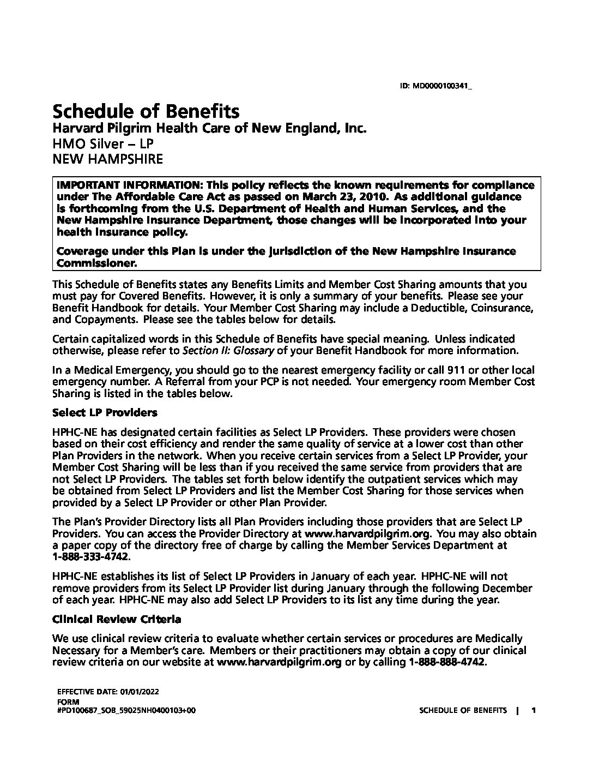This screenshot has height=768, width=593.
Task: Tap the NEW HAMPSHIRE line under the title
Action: click(x=107, y=159)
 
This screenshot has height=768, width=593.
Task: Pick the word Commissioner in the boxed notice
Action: click(x=96, y=263)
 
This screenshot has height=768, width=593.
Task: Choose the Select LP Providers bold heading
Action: click(x=105, y=412)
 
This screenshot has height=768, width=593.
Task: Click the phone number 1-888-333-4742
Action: click(x=91, y=557)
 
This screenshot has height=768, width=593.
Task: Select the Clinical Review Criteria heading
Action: click(x=117, y=619)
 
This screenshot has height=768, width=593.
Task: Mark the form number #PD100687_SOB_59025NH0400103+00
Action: click(x=126, y=711)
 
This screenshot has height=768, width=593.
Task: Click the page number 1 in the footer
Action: click(x=534, y=710)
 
